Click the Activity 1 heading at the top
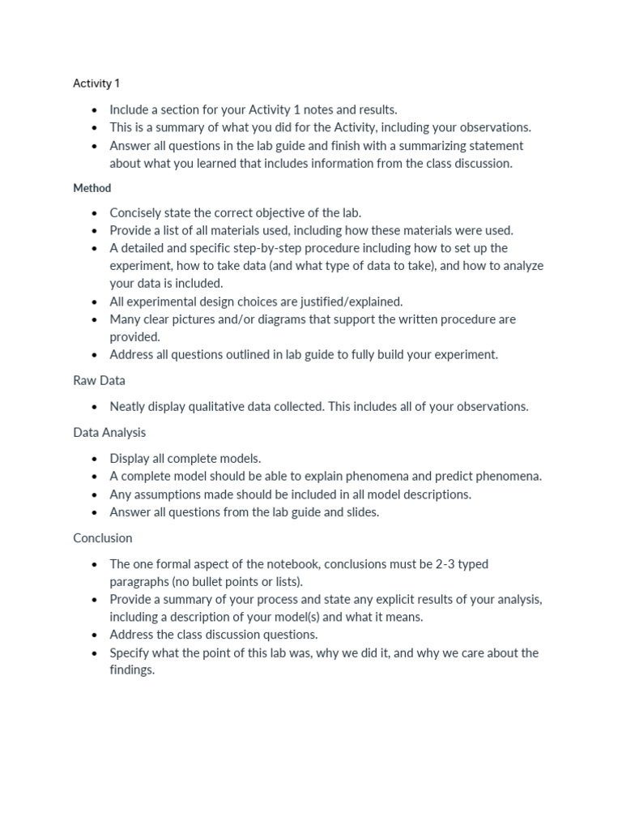(96, 83)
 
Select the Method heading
(92, 188)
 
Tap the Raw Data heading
(99, 380)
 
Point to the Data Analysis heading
(109, 433)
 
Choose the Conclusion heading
(103, 538)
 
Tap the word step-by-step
(265, 249)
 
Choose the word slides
(361, 512)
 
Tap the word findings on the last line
(131, 671)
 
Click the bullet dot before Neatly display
(95, 407)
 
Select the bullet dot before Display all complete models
(95, 459)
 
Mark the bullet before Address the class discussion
(95, 635)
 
